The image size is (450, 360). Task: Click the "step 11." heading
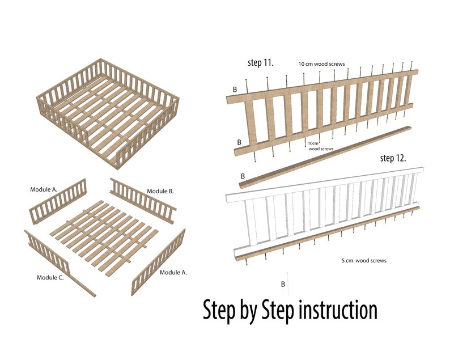261,62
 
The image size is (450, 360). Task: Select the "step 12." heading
393,158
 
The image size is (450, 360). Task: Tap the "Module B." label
161,190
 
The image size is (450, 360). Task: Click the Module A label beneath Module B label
173,273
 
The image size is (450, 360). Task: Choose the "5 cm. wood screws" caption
364,261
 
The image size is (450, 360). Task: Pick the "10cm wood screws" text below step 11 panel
320,146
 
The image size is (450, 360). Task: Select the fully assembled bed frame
108,113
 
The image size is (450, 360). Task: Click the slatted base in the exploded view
102,232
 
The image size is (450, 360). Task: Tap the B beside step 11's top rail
235,90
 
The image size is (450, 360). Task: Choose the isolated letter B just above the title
283,283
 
